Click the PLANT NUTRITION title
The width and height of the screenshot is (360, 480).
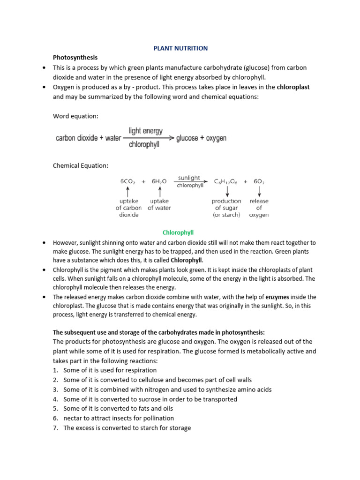[x=181, y=48]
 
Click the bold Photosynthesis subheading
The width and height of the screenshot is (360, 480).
[x=75, y=57]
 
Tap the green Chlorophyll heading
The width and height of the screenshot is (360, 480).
[x=178, y=232]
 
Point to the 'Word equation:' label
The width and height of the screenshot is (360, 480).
[x=75, y=116]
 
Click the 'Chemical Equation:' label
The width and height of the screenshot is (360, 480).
[x=81, y=165]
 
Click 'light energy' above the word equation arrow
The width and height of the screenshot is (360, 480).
[x=146, y=131]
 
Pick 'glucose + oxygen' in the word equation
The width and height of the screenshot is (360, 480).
[x=201, y=138]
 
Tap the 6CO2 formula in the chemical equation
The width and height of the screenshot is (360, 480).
[x=127, y=181]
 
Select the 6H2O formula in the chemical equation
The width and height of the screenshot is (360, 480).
[x=160, y=181]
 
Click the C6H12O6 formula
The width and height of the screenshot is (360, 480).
[x=227, y=181]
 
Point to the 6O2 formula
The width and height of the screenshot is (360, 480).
[x=259, y=181]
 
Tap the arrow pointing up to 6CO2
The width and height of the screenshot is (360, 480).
[x=127, y=191]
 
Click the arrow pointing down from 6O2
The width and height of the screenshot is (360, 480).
[x=259, y=191]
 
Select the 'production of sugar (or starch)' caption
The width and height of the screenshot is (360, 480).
[x=227, y=208]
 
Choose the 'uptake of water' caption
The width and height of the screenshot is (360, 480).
[x=160, y=204]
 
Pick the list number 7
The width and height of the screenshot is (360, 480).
[x=55, y=428]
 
